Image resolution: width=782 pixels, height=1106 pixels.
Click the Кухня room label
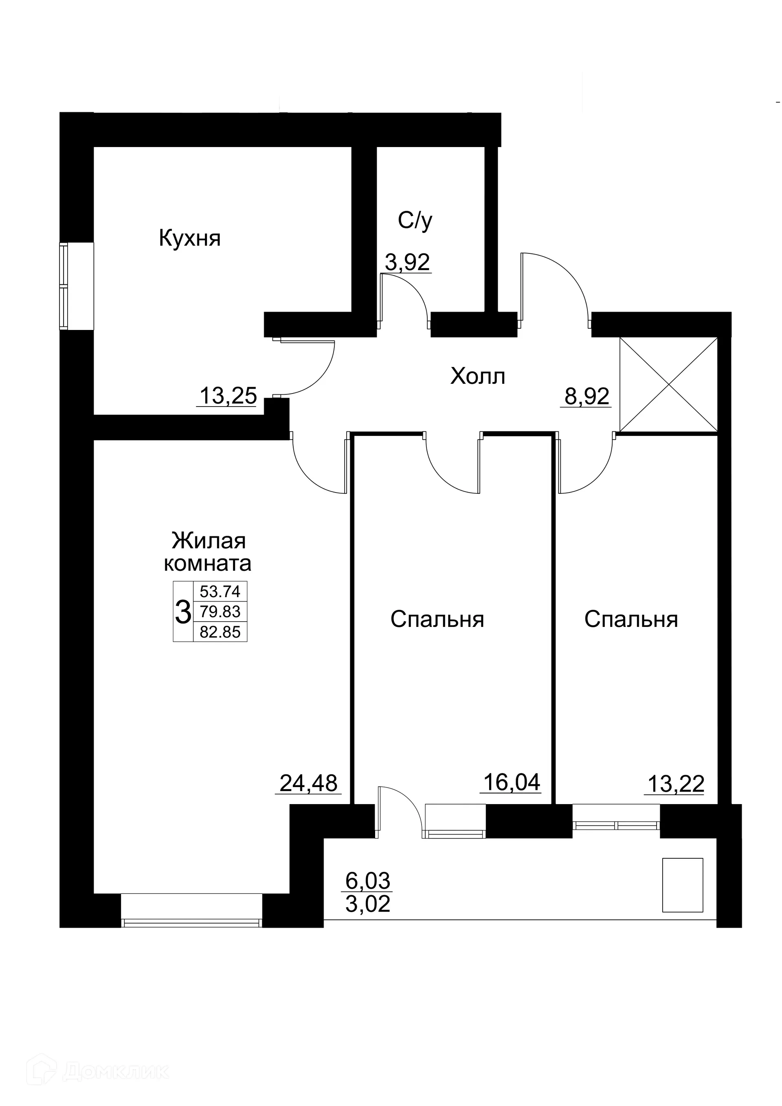[x=190, y=238]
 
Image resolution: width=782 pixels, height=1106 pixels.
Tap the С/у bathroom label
[x=415, y=221]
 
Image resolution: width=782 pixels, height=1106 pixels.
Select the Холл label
[x=478, y=376]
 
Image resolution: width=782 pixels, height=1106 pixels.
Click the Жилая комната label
[x=208, y=552]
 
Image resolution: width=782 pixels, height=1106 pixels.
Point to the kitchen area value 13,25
[x=228, y=396]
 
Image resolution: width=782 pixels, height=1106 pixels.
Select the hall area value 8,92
[x=586, y=397]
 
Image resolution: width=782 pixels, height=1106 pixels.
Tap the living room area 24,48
[x=308, y=783]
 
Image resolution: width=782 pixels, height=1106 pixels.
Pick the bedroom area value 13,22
[x=676, y=784]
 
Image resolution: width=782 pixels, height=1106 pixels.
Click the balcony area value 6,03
[x=368, y=881]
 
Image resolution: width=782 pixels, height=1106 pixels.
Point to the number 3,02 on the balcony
[x=368, y=904]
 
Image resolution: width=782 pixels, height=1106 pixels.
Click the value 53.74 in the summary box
[x=220, y=591]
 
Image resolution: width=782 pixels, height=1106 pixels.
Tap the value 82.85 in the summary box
[x=220, y=632]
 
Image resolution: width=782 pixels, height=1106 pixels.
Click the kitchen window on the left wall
[x=64, y=286]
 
